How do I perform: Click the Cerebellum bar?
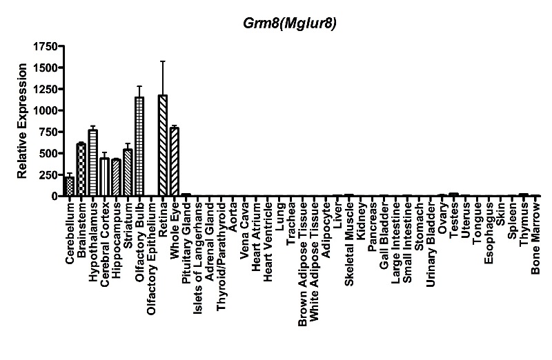(x=70, y=186)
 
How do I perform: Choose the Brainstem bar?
(x=81, y=170)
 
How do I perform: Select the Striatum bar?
(x=128, y=172)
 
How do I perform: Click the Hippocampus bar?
(x=116, y=177)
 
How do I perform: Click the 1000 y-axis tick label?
(x=45, y=110)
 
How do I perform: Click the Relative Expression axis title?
(x=22, y=120)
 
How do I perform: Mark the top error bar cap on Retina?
(x=163, y=61)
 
